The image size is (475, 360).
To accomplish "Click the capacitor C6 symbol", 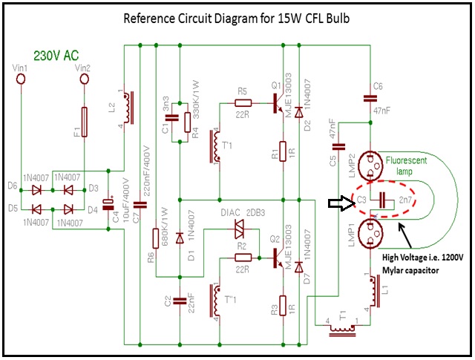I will click(x=369, y=96).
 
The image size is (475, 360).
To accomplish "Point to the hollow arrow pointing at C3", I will click(x=341, y=200).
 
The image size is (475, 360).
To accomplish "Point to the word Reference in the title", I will click(x=148, y=18).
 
